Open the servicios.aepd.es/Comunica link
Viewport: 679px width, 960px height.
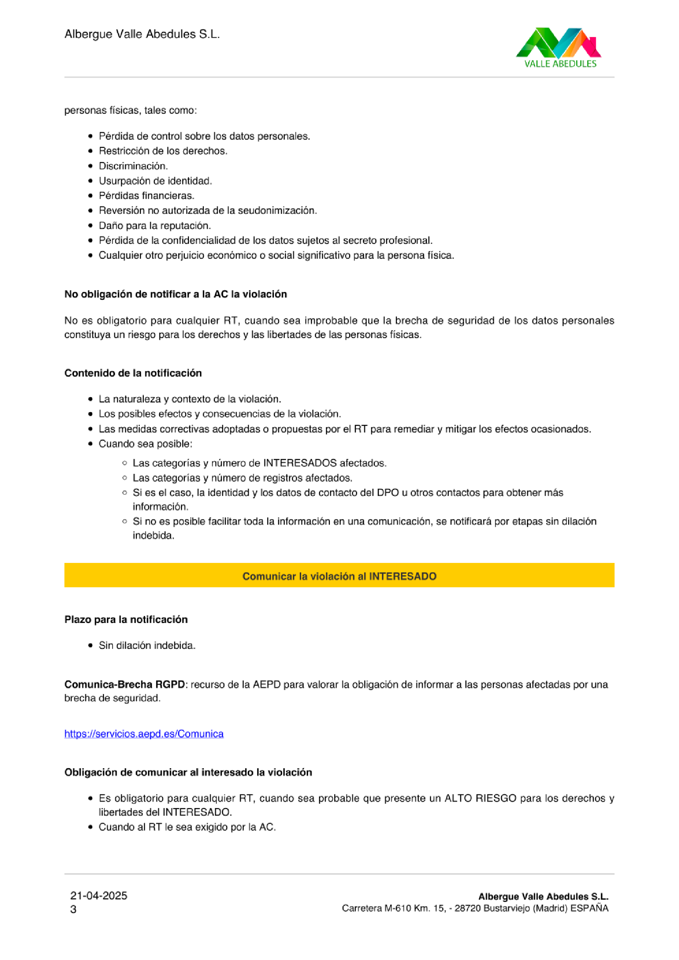pyautogui.click(x=144, y=734)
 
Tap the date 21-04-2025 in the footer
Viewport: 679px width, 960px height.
pyautogui.click(x=99, y=895)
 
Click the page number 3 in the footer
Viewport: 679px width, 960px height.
pyautogui.click(x=73, y=909)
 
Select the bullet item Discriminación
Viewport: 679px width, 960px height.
pyautogui.click(x=133, y=166)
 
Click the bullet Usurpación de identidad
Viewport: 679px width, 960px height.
pyautogui.click(x=155, y=181)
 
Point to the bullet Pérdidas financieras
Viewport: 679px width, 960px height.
pyautogui.click(x=146, y=195)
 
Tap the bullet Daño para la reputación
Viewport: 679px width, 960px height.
pyautogui.click(x=155, y=225)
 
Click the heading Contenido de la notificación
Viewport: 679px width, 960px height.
pyautogui.click(x=133, y=373)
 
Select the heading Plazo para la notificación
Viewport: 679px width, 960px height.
pyautogui.click(x=126, y=619)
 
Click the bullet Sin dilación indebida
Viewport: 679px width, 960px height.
pyautogui.click(x=147, y=645)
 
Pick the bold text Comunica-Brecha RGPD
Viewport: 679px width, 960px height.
pyautogui.click(x=124, y=684)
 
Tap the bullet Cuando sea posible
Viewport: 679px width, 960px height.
pyautogui.click(x=145, y=443)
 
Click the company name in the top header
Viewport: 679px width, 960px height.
pyautogui.click(x=142, y=34)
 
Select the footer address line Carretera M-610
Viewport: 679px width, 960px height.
pyautogui.click(x=475, y=908)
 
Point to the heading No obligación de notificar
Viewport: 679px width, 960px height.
pyautogui.click(x=175, y=294)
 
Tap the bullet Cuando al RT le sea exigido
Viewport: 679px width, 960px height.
pyautogui.click(x=187, y=827)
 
